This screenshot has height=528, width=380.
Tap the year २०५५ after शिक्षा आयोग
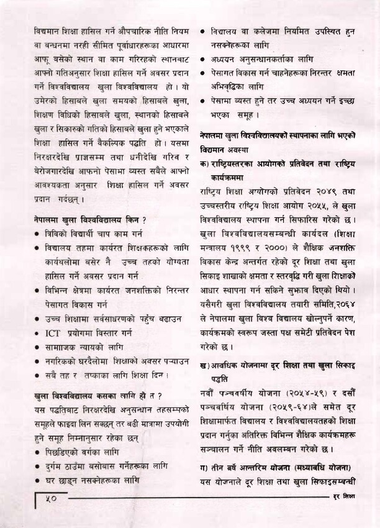[317, 206]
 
